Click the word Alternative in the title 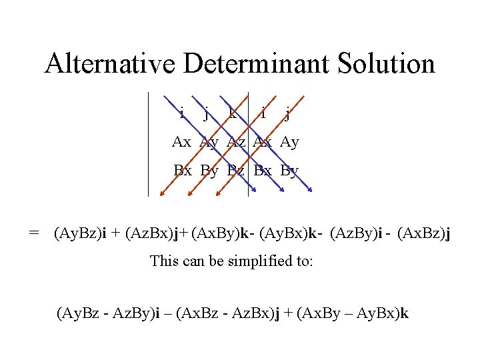point(110,64)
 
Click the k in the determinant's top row point(232,113)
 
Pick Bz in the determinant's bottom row point(236,170)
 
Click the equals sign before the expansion point(34,233)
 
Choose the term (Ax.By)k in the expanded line point(225,233)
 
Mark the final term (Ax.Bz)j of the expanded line point(423,233)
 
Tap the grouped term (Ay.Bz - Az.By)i point(109,313)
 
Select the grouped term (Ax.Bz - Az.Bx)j point(227,313)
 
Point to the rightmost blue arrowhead point(312,193)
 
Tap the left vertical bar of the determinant point(148,143)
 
